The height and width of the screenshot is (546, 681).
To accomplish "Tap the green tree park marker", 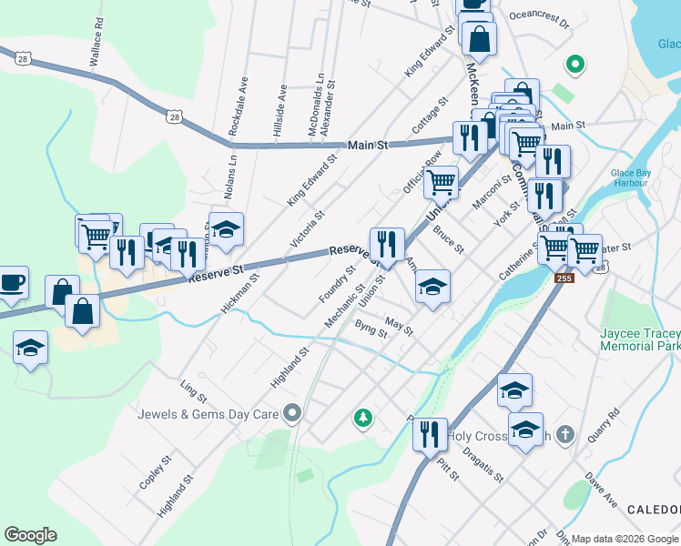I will tap(363, 418).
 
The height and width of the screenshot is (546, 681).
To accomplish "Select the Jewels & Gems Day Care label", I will tap(208, 414).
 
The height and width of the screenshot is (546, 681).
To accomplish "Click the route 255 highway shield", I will tap(564, 278).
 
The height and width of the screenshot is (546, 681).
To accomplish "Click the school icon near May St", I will tap(432, 288).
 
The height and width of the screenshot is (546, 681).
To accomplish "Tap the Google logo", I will tap(31, 535).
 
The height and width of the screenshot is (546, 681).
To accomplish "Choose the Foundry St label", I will tap(337, 284).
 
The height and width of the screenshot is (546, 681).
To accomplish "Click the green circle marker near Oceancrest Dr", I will tap(574, 65).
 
